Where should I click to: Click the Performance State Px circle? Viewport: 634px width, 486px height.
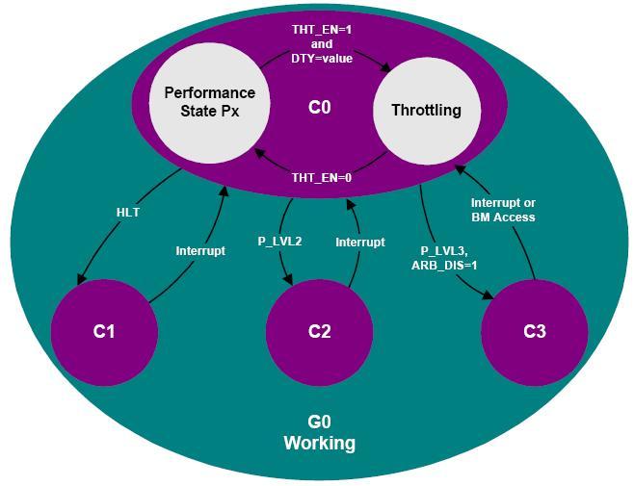(x=209, y=103)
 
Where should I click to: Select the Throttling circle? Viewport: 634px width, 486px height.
(x=427, y=111)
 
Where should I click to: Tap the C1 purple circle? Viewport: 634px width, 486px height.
(x=104, y=332)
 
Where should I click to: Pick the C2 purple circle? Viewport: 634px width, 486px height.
(x=320, y=332)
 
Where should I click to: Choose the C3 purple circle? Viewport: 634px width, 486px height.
(x=535, y=332)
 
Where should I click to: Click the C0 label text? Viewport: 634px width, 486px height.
(x=320, y=108)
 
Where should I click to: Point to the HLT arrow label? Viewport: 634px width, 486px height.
(x=128, y=213)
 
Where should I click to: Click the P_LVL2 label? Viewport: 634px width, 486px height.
(x=279, y=242)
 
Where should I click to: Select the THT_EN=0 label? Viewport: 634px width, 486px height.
(x=322, y=178)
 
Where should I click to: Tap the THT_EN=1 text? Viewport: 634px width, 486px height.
(x=322, y=30)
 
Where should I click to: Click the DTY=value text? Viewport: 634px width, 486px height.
(x=322, y=59)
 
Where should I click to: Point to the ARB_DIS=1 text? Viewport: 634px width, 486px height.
(x=444, y=266)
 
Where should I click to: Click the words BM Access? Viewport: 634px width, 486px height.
(x=503, y=217)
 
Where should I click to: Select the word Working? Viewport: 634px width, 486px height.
(x=320, y=444)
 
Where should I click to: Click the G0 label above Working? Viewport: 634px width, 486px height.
(x=320, y=422)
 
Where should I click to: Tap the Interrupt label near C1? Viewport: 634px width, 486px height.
(x=200, y=251)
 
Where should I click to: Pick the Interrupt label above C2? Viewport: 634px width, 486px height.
(x=360, y=242)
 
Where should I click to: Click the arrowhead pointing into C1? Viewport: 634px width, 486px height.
(x=81, y=279)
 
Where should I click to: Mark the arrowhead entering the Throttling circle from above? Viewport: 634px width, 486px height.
(x=385, y=67)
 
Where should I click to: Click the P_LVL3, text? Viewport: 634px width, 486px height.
(x=444, y=251)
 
